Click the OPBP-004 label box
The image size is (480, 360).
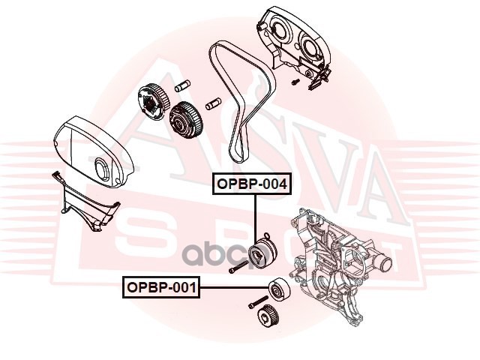coord(252,184)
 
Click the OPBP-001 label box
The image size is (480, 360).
coord(161,287)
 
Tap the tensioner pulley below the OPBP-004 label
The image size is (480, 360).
coord(263,253)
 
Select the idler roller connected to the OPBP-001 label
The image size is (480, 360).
coord(279,290)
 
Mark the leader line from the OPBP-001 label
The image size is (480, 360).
coord(235,287)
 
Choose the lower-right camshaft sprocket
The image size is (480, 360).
coord(185,120)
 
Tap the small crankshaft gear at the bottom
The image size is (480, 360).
coord(265,316)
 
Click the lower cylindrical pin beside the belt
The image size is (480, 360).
coord(214,103)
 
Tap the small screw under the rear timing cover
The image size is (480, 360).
coord(295,81)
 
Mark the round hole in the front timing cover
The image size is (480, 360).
coord(101,168)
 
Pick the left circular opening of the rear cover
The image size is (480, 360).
coord(280,30)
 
